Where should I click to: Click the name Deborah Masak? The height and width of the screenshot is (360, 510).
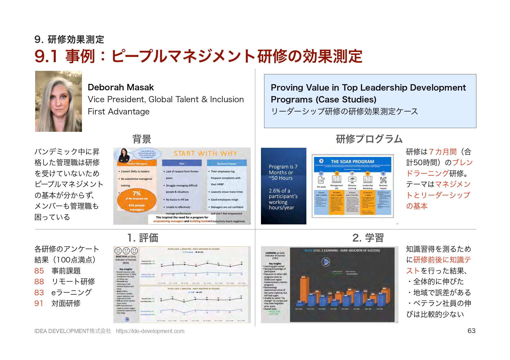click(121, 87)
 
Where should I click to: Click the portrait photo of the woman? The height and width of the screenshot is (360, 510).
click(58, 101)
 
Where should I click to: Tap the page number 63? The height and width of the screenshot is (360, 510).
click(471, 331)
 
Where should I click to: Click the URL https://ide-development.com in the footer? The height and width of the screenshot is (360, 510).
click(150, 331)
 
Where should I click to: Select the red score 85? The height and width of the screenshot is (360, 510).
click(39, 271)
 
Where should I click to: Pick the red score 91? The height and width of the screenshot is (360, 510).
click(39, 303)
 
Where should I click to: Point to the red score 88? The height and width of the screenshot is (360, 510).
click(39, 282)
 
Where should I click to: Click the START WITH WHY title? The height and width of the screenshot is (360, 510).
click(205, 154)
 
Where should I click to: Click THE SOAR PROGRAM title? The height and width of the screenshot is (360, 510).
click(352, 161)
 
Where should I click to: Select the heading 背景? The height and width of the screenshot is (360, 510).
click(142, 139)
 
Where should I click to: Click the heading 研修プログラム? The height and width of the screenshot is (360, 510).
click(369, 139)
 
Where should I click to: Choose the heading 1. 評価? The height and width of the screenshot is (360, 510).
click(143, 238)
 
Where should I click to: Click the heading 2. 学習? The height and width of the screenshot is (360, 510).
click(368, 238)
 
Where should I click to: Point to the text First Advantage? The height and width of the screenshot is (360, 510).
click(119, 111)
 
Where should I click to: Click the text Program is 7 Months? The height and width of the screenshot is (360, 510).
click(283, 170)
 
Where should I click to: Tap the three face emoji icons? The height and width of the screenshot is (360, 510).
click(126, 251)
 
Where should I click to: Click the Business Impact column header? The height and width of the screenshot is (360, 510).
click(227, 163)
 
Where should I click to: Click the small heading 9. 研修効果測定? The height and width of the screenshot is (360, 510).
click(69, 39)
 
